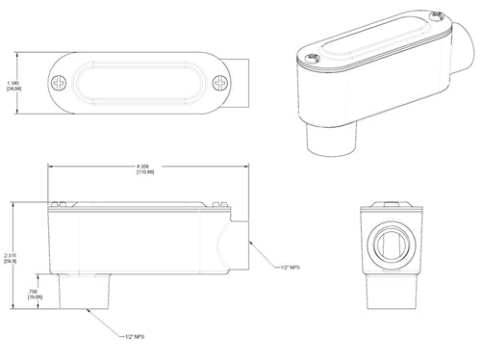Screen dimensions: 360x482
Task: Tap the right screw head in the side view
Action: pos(219,204)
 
